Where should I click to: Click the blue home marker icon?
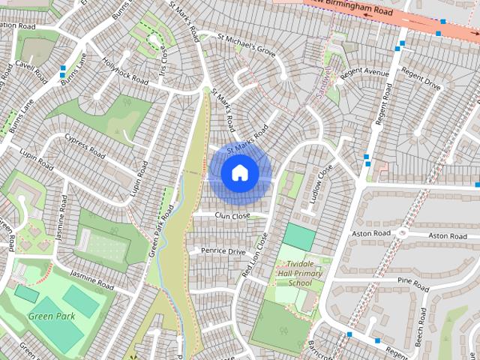pyautogui.click(x=239, y=173)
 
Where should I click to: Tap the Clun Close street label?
pyautogui.click(x=232, y=216)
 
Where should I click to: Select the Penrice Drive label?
pyautogui.click(x=222, y=251)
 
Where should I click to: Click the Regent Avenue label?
pyautogui.click(x=364, y=74)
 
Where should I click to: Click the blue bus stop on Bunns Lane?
pyautogui.click(x=62, y=73)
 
